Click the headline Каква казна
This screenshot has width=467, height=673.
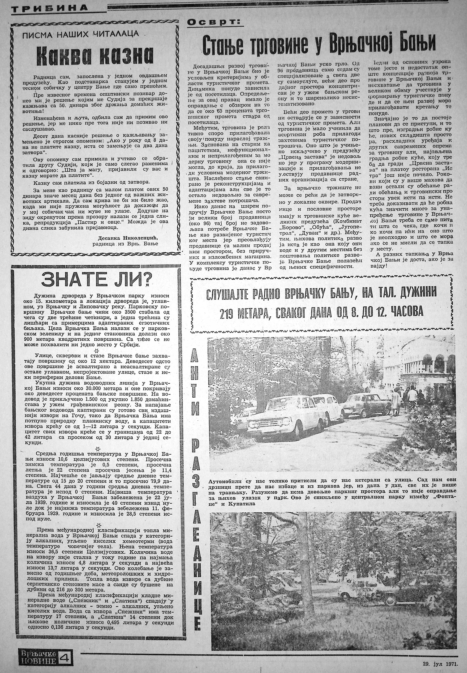95,56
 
